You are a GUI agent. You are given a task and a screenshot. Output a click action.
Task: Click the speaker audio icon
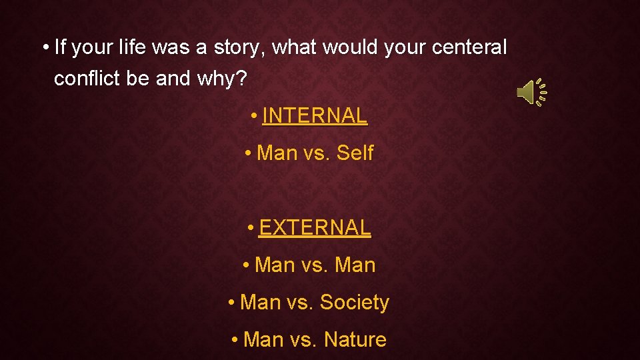coord(531,92)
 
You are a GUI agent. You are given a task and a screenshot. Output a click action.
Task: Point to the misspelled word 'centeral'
coord(470,48)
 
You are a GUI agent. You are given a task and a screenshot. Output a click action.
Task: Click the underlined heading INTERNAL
coord(315,116)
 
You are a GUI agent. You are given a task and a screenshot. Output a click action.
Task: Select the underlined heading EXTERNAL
coord(315,228)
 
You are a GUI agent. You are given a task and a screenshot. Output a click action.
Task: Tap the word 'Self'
coord(355,153)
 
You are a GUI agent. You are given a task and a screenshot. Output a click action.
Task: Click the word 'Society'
coord(354,303)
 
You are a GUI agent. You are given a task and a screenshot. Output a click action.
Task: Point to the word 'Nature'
coord(355,340)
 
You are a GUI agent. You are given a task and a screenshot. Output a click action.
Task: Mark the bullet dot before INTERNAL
coord(255,117)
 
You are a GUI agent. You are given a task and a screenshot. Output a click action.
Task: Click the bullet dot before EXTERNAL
coord(251,229)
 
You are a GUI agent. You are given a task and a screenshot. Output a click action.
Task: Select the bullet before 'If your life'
coord(45,49)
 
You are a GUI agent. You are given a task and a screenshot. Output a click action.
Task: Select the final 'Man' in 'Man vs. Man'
coord(355,265)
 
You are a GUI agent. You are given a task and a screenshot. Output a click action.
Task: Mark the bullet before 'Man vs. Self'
coord(248,154)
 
